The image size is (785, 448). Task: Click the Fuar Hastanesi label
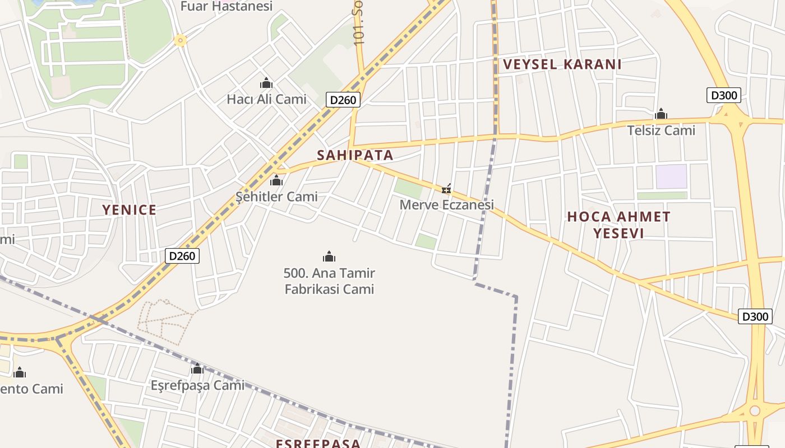coord(227,6)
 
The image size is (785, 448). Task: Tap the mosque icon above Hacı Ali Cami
coord(266,83)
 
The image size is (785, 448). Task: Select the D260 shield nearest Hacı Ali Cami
coord(343,100)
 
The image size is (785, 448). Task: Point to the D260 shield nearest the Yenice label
coord(182,256)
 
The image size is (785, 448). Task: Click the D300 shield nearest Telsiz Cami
coord(724,95)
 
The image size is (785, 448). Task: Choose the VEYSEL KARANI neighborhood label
coord(562,64)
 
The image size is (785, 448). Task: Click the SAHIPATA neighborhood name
coord(355,155)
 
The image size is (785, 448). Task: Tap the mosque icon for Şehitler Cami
coord(276,181)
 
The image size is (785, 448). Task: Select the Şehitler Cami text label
coord(276,197)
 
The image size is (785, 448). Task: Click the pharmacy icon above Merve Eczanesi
coord(446,189)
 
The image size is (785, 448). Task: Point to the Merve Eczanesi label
coord(446,205)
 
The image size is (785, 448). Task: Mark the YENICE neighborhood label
coord(129,210)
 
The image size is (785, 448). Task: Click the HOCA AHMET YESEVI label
coord(618,225)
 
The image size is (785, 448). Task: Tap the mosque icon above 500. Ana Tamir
coord(329,257)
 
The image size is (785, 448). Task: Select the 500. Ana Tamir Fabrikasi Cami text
coord(329,281)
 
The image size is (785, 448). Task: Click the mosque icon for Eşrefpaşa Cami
coord(197,369)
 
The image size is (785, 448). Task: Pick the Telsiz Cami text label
coord(661,130)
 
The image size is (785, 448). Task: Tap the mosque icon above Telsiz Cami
coord(661,114)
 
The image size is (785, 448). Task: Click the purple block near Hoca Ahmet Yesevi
coord(671,176)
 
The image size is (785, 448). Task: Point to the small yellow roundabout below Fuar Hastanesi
coord(180,40)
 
